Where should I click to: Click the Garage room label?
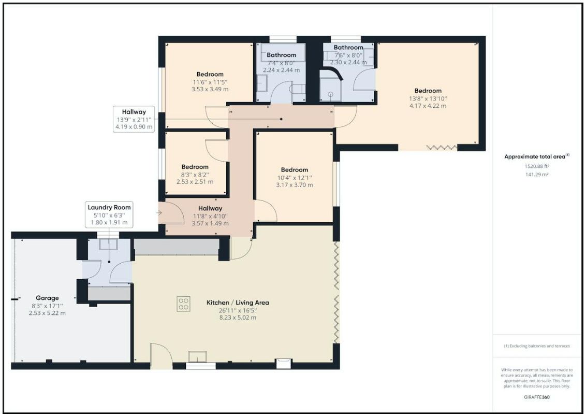47,298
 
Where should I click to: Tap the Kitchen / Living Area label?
238,303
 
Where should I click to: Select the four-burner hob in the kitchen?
183,304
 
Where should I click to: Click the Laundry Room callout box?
109,214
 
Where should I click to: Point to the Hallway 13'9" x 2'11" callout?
134,119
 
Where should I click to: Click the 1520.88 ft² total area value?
537,166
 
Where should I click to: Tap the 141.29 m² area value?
537,175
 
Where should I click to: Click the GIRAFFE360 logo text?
537,397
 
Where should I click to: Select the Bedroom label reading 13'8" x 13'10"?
428,98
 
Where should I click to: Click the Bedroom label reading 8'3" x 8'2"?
195,175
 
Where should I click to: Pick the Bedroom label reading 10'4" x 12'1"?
295,177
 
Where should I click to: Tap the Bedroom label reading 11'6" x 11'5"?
210,81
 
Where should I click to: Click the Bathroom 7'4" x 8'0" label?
282,62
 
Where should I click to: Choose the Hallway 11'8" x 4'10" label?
210,216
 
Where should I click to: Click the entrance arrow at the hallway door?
158,213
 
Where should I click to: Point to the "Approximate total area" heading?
537,156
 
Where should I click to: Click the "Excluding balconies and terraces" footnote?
537,346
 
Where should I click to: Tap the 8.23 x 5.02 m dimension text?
238,318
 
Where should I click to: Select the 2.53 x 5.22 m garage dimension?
47,313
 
